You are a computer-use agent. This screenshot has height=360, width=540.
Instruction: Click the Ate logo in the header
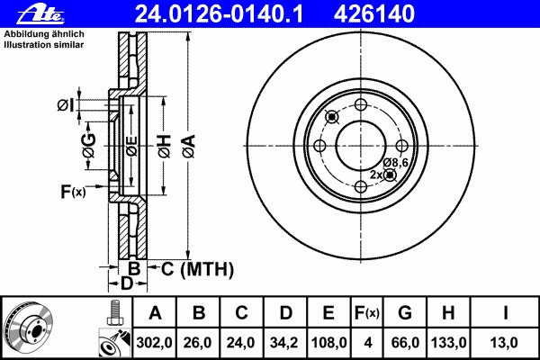(40, 14)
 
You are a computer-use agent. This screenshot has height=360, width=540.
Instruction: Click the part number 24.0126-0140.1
(219, 14)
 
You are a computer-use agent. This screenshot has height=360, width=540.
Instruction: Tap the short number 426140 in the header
(374, 14)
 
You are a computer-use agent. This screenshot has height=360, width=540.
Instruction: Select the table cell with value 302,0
(154, 343)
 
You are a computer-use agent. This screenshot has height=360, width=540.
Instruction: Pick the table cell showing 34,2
(284, 343)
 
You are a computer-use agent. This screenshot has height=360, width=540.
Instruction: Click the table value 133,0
(448, 343)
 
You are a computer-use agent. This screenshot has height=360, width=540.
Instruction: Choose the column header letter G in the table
(405, 313)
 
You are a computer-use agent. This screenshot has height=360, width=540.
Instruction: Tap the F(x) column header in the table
(367, 313)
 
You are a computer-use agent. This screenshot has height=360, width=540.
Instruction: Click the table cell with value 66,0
(405, 343)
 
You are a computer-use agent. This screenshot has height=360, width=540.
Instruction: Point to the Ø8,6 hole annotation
(395, 162)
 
